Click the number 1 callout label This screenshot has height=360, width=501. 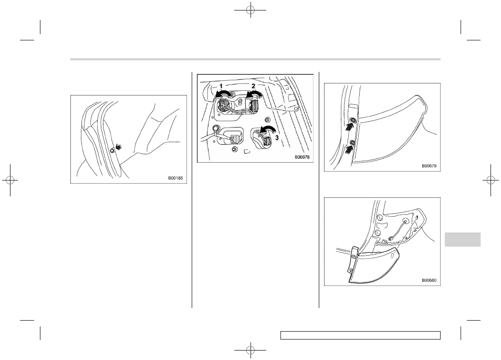[221, 86]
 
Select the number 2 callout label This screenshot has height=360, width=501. [253, 86]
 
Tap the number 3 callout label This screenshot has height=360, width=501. [277, 138]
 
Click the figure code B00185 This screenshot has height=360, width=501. [175, 178]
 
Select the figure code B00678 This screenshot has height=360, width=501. [302, 157]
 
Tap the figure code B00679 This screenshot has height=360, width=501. [429, 166]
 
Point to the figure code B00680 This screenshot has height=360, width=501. [429, 281]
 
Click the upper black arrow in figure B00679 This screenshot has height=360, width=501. [350, 126]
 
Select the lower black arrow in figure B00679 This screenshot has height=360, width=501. [349, 149]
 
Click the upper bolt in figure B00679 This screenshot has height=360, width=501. [353, 120]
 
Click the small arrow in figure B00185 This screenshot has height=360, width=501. [119, 147]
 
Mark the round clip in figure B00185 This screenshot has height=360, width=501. [112, 151]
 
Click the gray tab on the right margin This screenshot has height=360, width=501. [462, 239]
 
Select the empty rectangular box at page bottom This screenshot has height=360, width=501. [360, 335]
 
